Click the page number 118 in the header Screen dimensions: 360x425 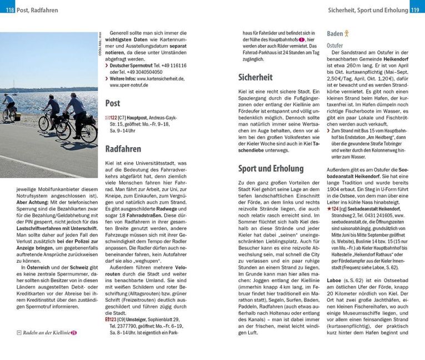coord(8,8)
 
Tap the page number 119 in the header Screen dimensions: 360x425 coord(417,8)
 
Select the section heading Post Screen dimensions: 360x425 coord(113,103)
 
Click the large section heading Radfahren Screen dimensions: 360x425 coord(123,149)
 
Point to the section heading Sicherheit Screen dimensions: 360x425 coord(255,77)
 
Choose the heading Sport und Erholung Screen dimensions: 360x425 coord(271,168)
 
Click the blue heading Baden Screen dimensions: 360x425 coord(334,33)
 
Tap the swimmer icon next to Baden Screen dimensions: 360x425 coord(347,33)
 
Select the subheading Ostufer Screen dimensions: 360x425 coord(335,45)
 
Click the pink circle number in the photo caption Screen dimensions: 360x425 coord(73,333)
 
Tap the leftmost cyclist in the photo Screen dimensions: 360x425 coord(9,107)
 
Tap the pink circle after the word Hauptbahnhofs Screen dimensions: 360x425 coord(301,40)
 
